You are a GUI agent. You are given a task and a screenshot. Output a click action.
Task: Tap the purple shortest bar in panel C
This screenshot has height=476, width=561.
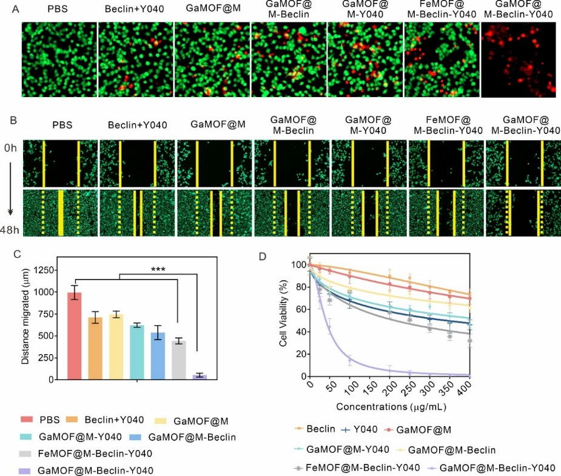pos(200,377)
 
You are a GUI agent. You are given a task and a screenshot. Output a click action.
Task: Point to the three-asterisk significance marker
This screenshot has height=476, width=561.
pos(158,269)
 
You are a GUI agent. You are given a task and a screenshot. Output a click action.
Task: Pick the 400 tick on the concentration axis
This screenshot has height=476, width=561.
pos(469,387)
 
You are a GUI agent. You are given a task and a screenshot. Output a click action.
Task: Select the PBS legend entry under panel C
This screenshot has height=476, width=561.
pos(42,420)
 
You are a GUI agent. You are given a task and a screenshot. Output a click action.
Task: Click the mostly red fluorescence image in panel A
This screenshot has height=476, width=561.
pos(519,59)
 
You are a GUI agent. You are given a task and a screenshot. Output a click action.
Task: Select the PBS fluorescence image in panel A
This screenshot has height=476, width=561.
pos(59,59)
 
